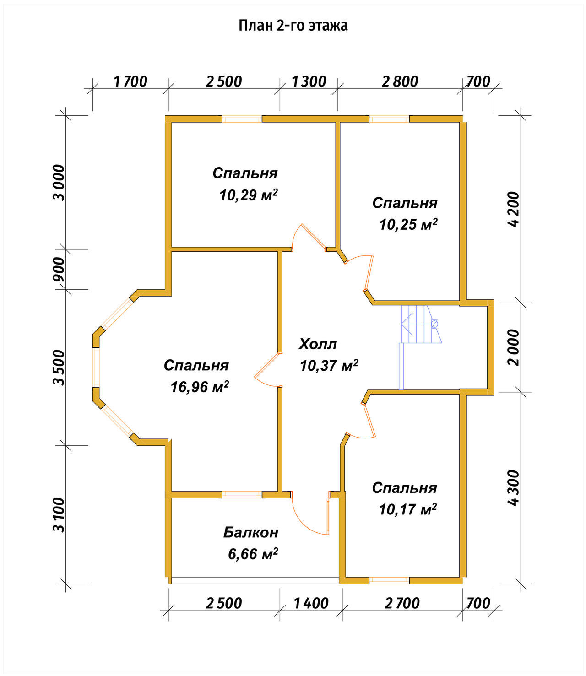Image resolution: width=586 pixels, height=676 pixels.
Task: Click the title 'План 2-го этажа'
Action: pyautogui.click(x=293, y=26)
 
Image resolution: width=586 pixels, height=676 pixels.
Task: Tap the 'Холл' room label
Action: pyautogui.click(x=318, y=344)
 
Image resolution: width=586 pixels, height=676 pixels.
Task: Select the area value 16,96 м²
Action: pyautogui.click(x=200, y=387)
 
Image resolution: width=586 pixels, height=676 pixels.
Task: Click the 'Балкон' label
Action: pyautogui.click(x=251, y=532)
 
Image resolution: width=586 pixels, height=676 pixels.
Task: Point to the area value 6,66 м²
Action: pyautogui.click(x=253, y=554)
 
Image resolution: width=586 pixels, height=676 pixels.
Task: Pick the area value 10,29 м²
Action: pyautogui.click(x=248, y=195)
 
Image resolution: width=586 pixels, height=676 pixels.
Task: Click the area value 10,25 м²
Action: pyautogui.click(x=408, y=225)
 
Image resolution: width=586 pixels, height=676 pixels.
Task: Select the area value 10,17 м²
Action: pyautogui.click(x=408, y=509)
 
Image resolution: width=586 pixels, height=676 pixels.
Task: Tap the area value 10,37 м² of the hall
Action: pyautogui.click(x=329, y=366)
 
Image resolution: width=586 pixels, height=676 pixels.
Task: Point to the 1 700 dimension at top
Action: pyautogui.click(x=130, y=81)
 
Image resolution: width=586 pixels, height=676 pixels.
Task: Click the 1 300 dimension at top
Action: pyautogui.click(x=309, y=81)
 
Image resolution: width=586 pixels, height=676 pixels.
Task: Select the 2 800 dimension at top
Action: pyautogui.click(x=400, y=81)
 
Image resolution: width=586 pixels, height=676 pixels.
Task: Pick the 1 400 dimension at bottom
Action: pyautogui.click(x=311, y=603)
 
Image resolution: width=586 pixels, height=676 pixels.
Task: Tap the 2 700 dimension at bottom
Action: pyautogui.click(x=402, y=603)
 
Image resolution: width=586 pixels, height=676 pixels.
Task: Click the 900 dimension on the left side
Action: pyautogui.click(x=59, y=269)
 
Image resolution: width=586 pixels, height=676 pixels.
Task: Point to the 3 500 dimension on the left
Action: pyautogui.click(x=59, y=368)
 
